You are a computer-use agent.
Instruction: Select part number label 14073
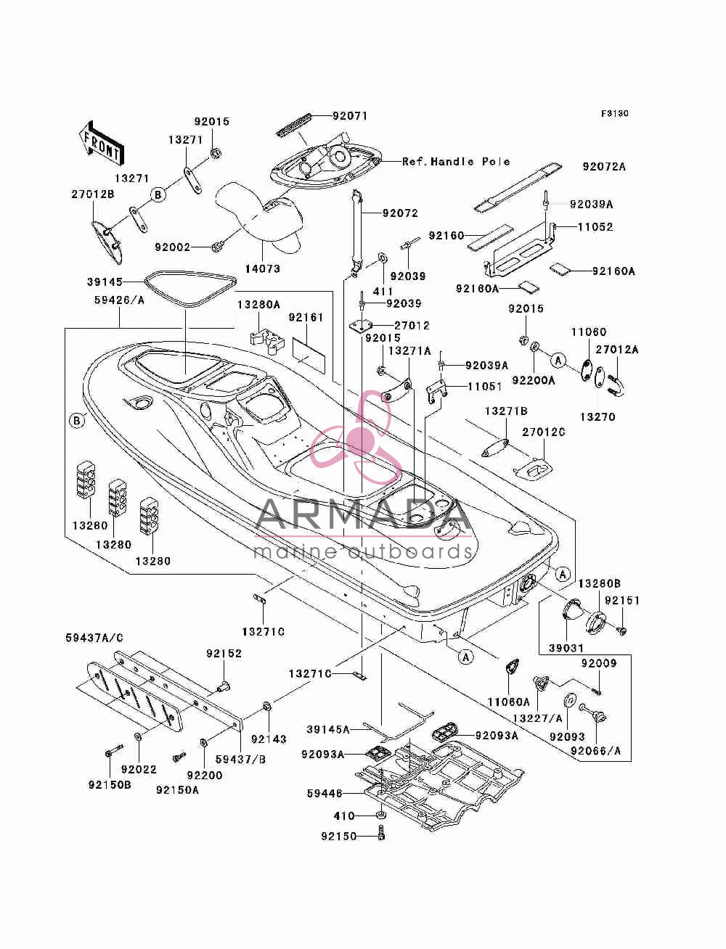coord(262,268)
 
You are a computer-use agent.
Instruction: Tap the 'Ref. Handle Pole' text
coord(456,162)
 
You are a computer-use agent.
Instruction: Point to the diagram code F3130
coord(614,114)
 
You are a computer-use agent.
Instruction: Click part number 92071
coord(350,116)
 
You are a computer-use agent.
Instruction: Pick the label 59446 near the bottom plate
coord(325,793)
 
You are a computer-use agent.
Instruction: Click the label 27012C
coord(544,432)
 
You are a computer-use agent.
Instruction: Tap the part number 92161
coord(306,317)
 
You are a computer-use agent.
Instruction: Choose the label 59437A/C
coord(94,638)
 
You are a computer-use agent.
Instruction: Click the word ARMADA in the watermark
coord(362,515)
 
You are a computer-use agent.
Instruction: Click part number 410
coord(344,816)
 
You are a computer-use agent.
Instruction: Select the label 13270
coord(597,416)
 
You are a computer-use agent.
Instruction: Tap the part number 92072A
coord(604,167)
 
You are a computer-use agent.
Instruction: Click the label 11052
coord(595,227)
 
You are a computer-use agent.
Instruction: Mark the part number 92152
coord(224,653)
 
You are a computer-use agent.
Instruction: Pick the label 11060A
coord(509,702)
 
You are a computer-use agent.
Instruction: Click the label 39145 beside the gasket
coord(105,282)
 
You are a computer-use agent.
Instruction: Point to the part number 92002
coord(173,247)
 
